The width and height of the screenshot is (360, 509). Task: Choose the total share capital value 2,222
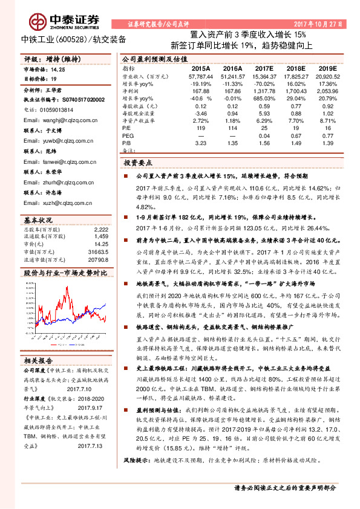100,230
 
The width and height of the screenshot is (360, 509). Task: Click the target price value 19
53,79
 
